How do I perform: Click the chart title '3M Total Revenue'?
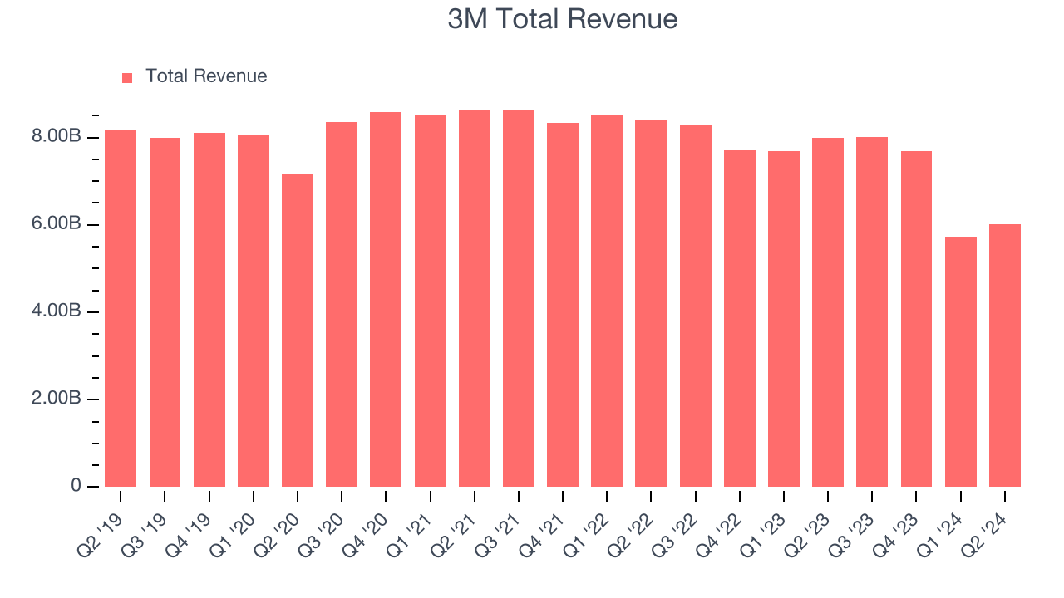click(x=563, y=19)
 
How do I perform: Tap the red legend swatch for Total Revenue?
click(x=127, y=77)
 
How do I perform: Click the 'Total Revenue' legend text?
click(x=206, y=76)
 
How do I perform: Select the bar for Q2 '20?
click(x=298, y=330)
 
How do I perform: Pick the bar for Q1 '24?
click(x=961, y=361)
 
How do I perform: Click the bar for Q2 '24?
click(x=1005, y=355)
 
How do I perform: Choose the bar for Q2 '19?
click(x=121, y=308)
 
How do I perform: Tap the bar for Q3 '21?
click(x=519, y=298)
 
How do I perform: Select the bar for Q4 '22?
click(x=740, y=318)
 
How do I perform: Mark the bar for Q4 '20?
click(x=386, y=299)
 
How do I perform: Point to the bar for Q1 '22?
click(x=607, y=301)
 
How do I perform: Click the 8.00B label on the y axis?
click(x=57, y=137)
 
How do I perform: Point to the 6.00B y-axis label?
click(x=57, y=224)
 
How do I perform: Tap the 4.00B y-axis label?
click(x=57, y=311)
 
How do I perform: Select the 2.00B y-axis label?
click(x=57, y=399)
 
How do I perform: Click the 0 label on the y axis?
click(x=76, y=486)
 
